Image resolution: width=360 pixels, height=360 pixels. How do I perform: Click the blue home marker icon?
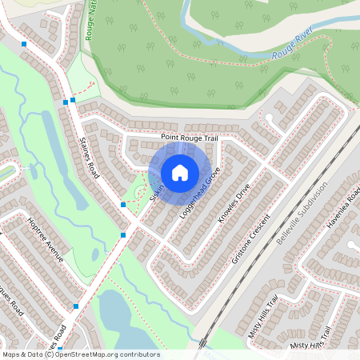point(180,172)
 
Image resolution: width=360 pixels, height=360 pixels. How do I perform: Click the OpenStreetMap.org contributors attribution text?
point(107,354)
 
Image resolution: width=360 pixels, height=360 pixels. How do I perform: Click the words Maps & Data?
point(21,354)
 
